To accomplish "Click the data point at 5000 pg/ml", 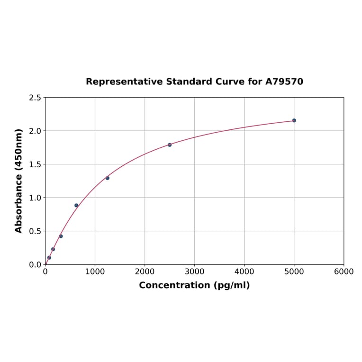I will [294, 120].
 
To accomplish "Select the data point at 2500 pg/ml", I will [170, 145].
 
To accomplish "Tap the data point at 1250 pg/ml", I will [108, 178].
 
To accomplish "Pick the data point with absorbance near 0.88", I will [76, 206].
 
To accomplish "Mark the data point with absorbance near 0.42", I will [61, 236].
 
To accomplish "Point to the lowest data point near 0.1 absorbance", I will [49, 258].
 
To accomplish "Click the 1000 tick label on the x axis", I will [95, 271].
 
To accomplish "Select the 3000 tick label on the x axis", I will [194, 271].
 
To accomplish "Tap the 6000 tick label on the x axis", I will [344, 271].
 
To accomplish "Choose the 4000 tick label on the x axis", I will [244, 271].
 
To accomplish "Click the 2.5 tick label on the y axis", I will [35, 98].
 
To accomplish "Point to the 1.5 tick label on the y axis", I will [35, 164].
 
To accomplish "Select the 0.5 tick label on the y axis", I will [35, 231].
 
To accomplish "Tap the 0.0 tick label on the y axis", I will [35, 264].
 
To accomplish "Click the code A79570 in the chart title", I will [284, 81].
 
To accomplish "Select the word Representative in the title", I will [124, 81].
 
